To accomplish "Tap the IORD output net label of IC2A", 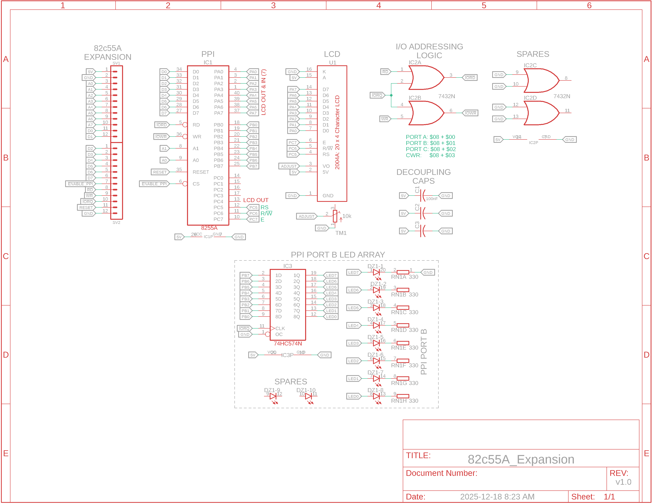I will pyautogui.click(x=470, y=78).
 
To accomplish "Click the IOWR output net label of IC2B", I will pyautogui.click(x=470, y=113).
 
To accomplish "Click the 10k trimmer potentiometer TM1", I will pyautogui.click(x=335, y=216).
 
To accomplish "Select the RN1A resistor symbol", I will pyautogui.click(x=403, y=272).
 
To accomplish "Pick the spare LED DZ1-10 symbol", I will pyautogui.click(x=308, y=396).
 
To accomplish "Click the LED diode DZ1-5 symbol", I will pyautogui.click(x=376, y=343).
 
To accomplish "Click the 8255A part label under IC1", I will pyautogui.click(x=209, y=228).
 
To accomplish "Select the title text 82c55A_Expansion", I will pyautogui.click(x=521, y=459).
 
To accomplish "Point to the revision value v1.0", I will pyautogui.click(x=623, y=482).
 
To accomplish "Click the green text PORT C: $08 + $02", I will pyautogui.click(x=431, y=149).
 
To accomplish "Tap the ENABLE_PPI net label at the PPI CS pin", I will pyautogui.click(x=154, y=184).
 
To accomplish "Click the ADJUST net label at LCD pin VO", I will pyautogui.click(x=289, y=166).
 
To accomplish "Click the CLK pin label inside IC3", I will pyautogui.click(x=280, y=328).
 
